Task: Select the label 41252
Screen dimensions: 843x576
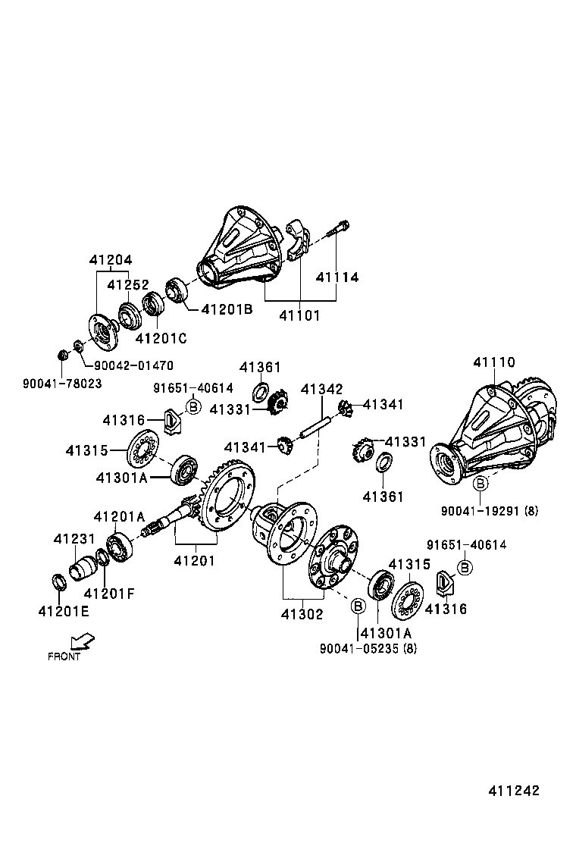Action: pyautogui.click(x=127, y=286)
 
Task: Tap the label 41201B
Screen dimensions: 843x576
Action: pyautogui.click(x=227, y=309)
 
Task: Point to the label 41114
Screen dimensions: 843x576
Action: pyautogui.click(x=337, y=277)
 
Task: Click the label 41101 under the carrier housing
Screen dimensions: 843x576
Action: pyautogui.click(x=299, y=315)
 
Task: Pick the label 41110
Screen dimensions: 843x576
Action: pyautogui.click(x=494, y=362)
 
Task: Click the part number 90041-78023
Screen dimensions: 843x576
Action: pyautogui.click(x=62, y=384)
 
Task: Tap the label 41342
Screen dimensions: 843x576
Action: pyautogui.click(x=321, y=389)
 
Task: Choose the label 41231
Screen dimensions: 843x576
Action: pyautogui.click(x=74, y=539)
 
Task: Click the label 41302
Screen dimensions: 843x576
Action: pyautogui.click(x=302, y=614)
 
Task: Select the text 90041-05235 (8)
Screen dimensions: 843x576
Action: pyautogui.click(x=368, y=648)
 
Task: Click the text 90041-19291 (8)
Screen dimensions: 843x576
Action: pyautogui.click(x=490, y=511)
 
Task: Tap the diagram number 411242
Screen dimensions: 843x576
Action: pyautogui.click(x=513, y=790)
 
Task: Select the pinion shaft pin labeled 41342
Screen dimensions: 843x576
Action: pyautogui.click(x=314, y=426)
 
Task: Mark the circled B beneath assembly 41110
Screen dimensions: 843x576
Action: pyautogui.click(x=481, y=484)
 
